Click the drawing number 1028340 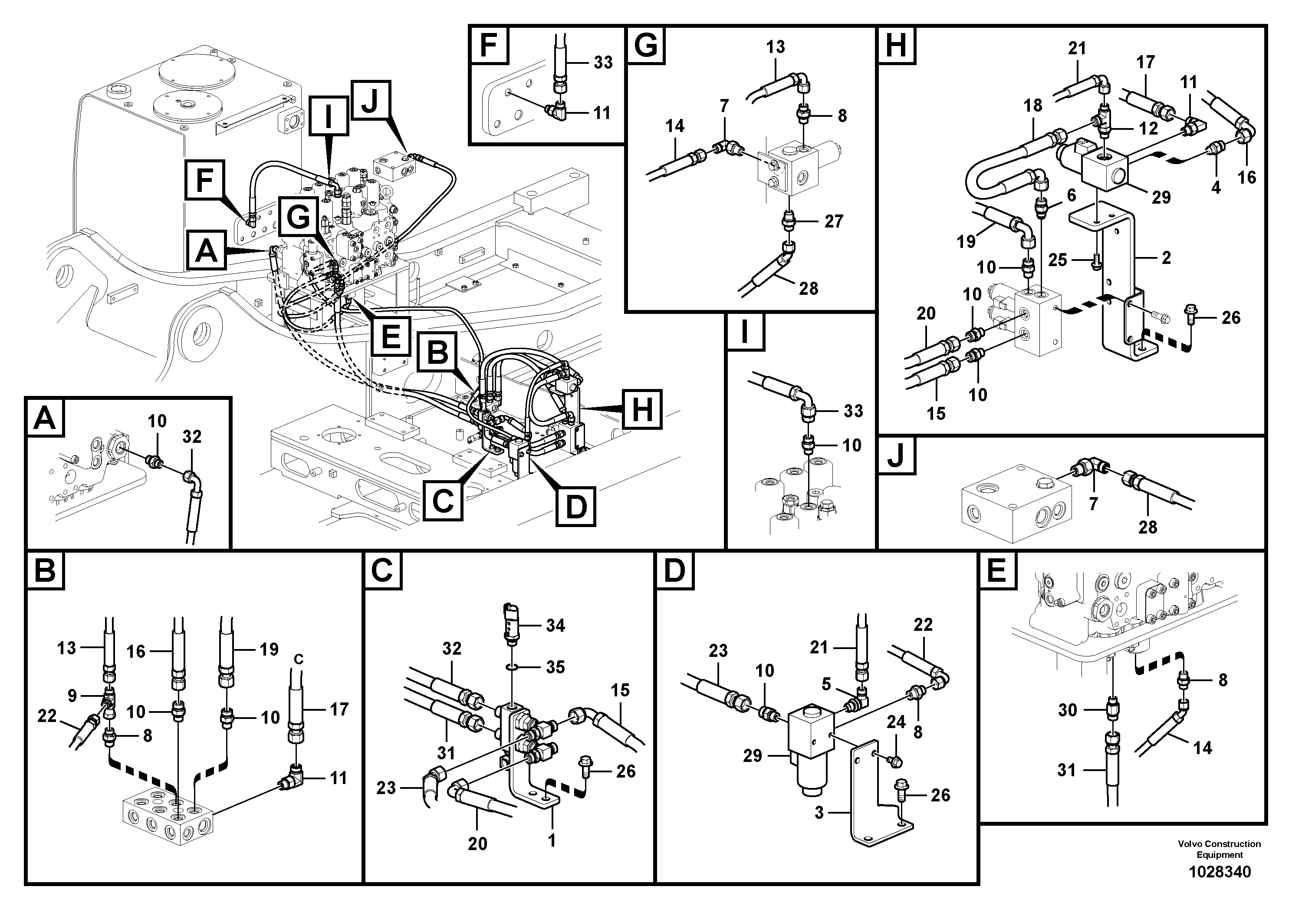(x=1220, y=872)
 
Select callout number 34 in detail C (x=555, y=625)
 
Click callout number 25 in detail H (x=1057, y=260)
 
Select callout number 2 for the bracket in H (x=1166, y=258)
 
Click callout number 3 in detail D (x=819, y=813)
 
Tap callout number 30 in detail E (x=1068, y=710)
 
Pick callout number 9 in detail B (x=72, y=696)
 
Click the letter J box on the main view (x=369, y=99)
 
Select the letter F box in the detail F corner (x=488, y=46)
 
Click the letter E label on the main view (x=390, y=336)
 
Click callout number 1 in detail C (x=552, y=840)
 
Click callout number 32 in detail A (x=192, y=437)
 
